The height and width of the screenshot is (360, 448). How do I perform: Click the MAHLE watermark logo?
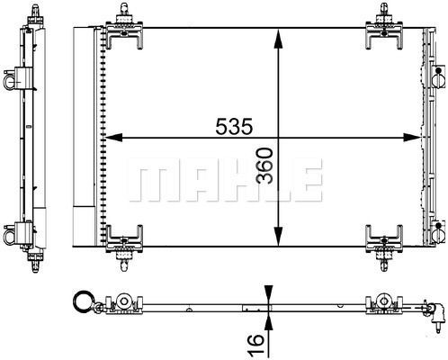(x=224, y=180)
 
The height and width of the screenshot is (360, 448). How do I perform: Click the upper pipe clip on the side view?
(x=12, y=80)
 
